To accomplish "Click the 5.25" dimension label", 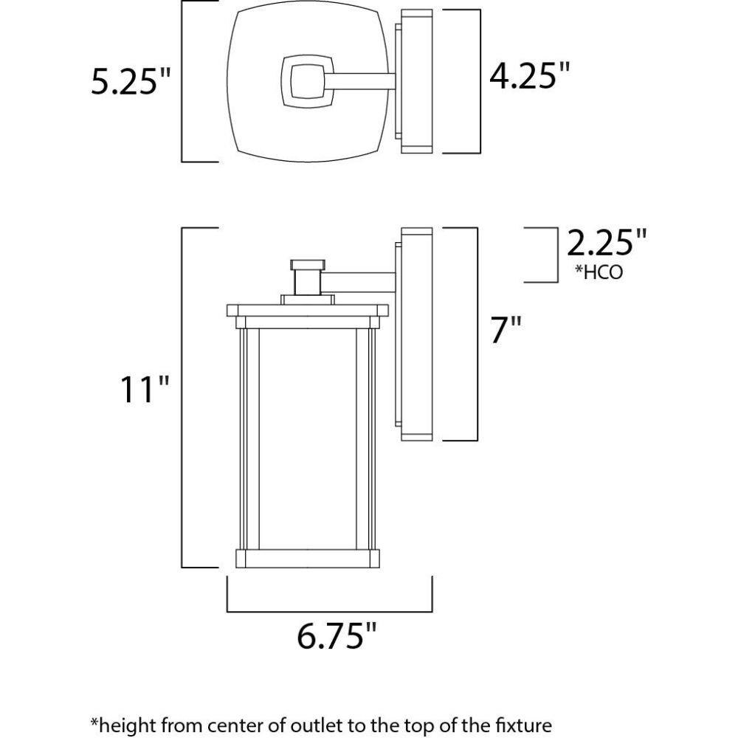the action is click(x=130, y=81).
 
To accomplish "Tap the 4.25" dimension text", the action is click(x=529, y=75).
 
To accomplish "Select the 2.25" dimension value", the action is click(x=607, y=242).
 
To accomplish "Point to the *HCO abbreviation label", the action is click(x=599, y=272).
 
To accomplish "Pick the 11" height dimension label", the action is click(x=145, y=389).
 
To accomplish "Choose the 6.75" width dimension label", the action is click(x=337, y=635).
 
